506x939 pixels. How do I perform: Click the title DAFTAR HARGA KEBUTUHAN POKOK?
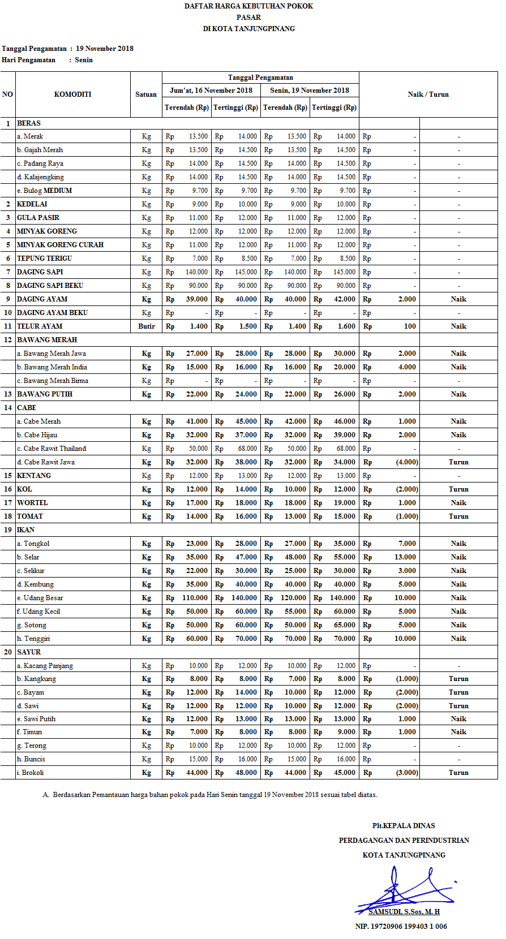(x=248, y=6)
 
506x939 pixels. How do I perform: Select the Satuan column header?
(x=146, y=94)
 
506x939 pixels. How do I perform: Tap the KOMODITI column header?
(x=72, y=94)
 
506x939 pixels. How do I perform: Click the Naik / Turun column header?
(x=428, y=94)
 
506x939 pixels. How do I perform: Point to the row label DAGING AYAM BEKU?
(x=52, y=313)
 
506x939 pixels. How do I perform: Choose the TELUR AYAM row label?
(x=40, y=326)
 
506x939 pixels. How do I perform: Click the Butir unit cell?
(x=146, y=326)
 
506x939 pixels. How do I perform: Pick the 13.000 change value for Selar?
(x=405, y=557)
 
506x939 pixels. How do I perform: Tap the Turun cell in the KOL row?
(x=458, y=489)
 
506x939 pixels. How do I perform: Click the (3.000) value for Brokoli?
(x=407, y=773)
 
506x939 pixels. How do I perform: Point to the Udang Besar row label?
(x=43, y=598)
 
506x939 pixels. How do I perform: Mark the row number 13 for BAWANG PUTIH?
(x=8, y=394)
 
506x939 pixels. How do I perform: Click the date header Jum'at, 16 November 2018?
(x=211, y=91)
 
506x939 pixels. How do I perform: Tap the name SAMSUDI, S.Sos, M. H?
(x=404, y=912)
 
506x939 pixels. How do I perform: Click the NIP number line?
(x=401, y=927)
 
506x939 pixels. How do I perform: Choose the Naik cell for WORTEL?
(x=458, y=503)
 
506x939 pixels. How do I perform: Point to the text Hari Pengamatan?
(x=29, y=60)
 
